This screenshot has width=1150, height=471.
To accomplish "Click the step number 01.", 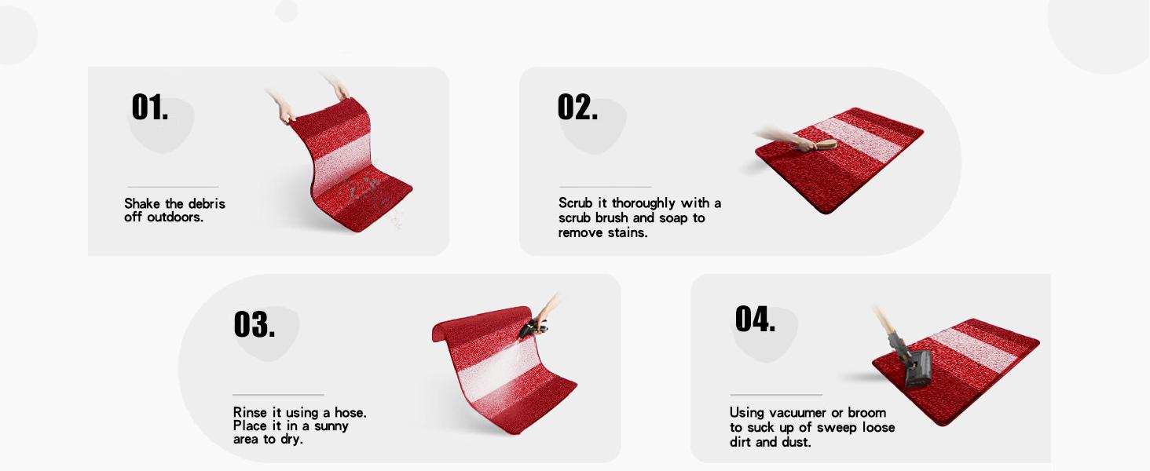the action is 150,107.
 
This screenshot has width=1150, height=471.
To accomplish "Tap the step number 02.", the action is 577,107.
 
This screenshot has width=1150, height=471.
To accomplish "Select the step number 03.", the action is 255,324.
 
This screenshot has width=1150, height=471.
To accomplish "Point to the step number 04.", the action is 755,319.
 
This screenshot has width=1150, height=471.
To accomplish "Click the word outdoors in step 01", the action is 175,217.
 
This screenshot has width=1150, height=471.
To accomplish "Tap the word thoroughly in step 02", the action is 643,203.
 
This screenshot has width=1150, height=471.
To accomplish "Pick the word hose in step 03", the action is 350,412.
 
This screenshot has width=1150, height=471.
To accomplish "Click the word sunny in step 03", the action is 331,426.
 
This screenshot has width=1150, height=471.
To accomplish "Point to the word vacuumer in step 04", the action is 798,412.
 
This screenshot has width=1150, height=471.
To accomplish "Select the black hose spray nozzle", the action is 533,327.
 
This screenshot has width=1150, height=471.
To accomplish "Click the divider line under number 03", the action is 278,395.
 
